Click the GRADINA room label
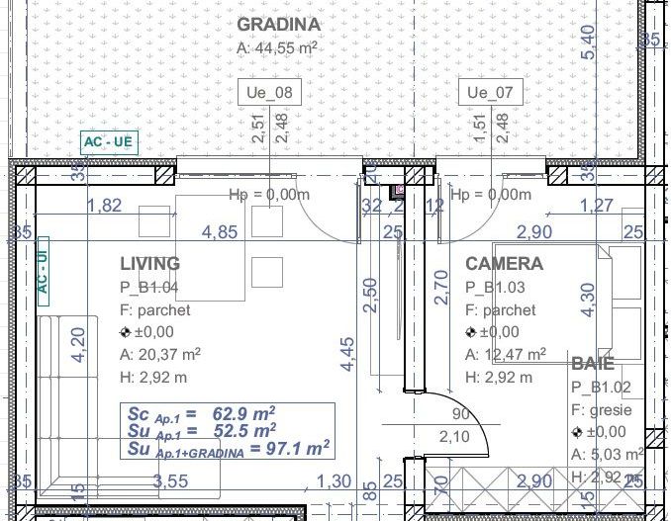coord(279,25)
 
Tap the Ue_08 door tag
coord(269,93)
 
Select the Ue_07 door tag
coord(490,93)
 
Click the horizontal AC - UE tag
coord(108,142)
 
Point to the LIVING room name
coord(150,264)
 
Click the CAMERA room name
coord(504,264)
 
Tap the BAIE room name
coord(593,363)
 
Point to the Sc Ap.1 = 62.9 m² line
coord(201,413)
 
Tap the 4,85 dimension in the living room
coord(220,232)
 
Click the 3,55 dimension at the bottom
coord(170,481)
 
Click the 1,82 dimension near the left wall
coord(105,206)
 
